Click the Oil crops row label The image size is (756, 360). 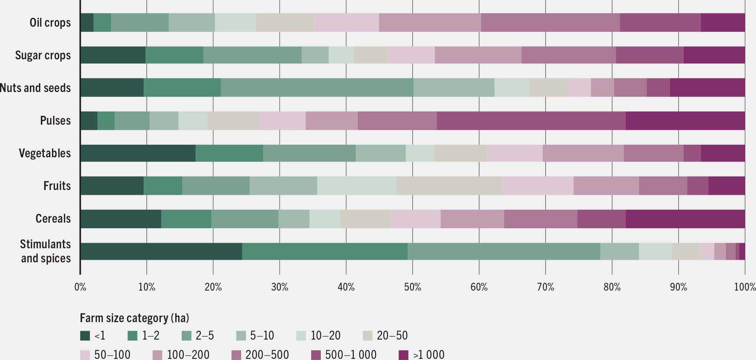click(x=50, y=23)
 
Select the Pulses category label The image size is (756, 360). click(x=55, y=121)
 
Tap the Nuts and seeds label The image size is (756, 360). click(x=35, y=88)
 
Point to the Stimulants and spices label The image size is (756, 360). click(x=45, y=251)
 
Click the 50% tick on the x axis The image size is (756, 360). click(x=412, y=287)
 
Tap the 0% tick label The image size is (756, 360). click(x=80, y=287)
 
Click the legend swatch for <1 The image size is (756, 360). click(x=85, y=336)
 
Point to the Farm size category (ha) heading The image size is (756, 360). click(x=134, y=318)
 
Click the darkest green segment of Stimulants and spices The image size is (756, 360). click(x=161, y=251)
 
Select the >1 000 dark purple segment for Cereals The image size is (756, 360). click(x=685, y=219)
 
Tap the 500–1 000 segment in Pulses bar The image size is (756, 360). click(x=531, y=121)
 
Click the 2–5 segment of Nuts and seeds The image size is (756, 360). click(x=317, y=88)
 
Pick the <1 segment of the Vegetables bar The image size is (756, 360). click(x=138, y=153)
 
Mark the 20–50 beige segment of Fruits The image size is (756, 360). click(x=449, y=186)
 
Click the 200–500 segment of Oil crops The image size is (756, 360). click(x=550, y=23)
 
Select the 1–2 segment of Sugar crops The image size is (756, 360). click(x=175, y=55)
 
